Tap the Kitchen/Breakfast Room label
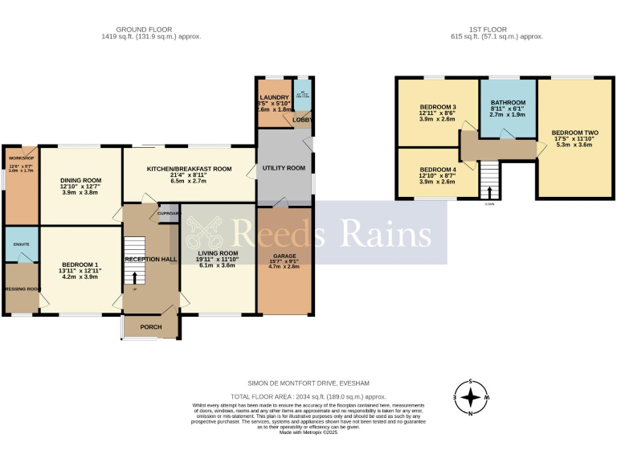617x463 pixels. pos(189,170)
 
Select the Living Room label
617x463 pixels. pos(216,252)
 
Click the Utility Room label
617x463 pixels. pos(284,168)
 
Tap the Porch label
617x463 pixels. pos(151,327)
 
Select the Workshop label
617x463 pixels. pos(19,158)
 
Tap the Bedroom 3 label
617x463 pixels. pos(438,108)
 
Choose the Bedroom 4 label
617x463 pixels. pos(438,170)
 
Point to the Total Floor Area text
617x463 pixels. pos(308,397)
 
